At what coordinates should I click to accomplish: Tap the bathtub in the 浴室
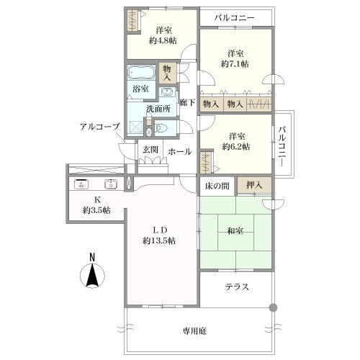click(140, 73)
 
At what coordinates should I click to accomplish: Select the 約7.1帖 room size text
click(235, 64)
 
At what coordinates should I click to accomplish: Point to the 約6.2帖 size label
click(235, 146)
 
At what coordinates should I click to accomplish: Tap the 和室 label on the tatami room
click(235, 233)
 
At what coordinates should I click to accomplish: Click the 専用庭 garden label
click(194, 330)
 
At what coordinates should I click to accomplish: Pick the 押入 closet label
click(254, 186)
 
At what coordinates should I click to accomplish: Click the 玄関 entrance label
click(150, 150)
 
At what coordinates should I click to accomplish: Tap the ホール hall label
click(179, 151)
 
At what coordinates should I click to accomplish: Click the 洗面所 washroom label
click(158, 109)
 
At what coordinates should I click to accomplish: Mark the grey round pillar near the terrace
click(272, 308)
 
